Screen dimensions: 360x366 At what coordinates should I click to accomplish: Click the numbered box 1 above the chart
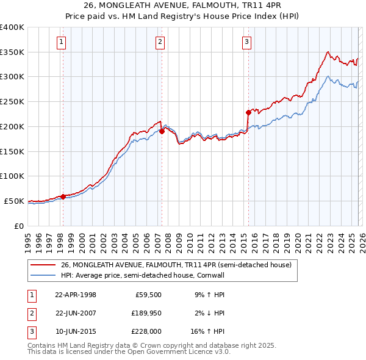tap(62, 42)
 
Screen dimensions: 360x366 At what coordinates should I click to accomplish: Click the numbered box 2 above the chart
tap(160, 42)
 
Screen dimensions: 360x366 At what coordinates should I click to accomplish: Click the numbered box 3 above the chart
tap(246, 42)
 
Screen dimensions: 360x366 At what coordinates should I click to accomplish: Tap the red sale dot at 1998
tap(63, 196)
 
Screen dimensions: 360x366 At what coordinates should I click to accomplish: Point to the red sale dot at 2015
tap(248, 112)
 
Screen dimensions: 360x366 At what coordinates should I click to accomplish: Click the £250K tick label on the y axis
tap(12, 101)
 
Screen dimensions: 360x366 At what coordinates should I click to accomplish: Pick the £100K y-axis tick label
tap(12, 176)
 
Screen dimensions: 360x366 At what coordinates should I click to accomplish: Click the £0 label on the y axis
tap(18, 226)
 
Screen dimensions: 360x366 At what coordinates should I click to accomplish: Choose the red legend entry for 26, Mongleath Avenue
tap(176, 265)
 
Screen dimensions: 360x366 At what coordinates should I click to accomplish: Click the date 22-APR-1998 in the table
tap(76, 295)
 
